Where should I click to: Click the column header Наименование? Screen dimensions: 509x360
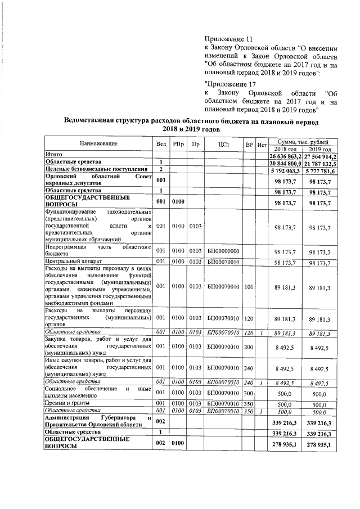pyautogui.click(x=98, y=144)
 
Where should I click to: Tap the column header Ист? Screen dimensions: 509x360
pyautogui.click(x=261, y=145)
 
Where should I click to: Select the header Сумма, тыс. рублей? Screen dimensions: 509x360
pyautogui.click(x=303, y=141)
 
